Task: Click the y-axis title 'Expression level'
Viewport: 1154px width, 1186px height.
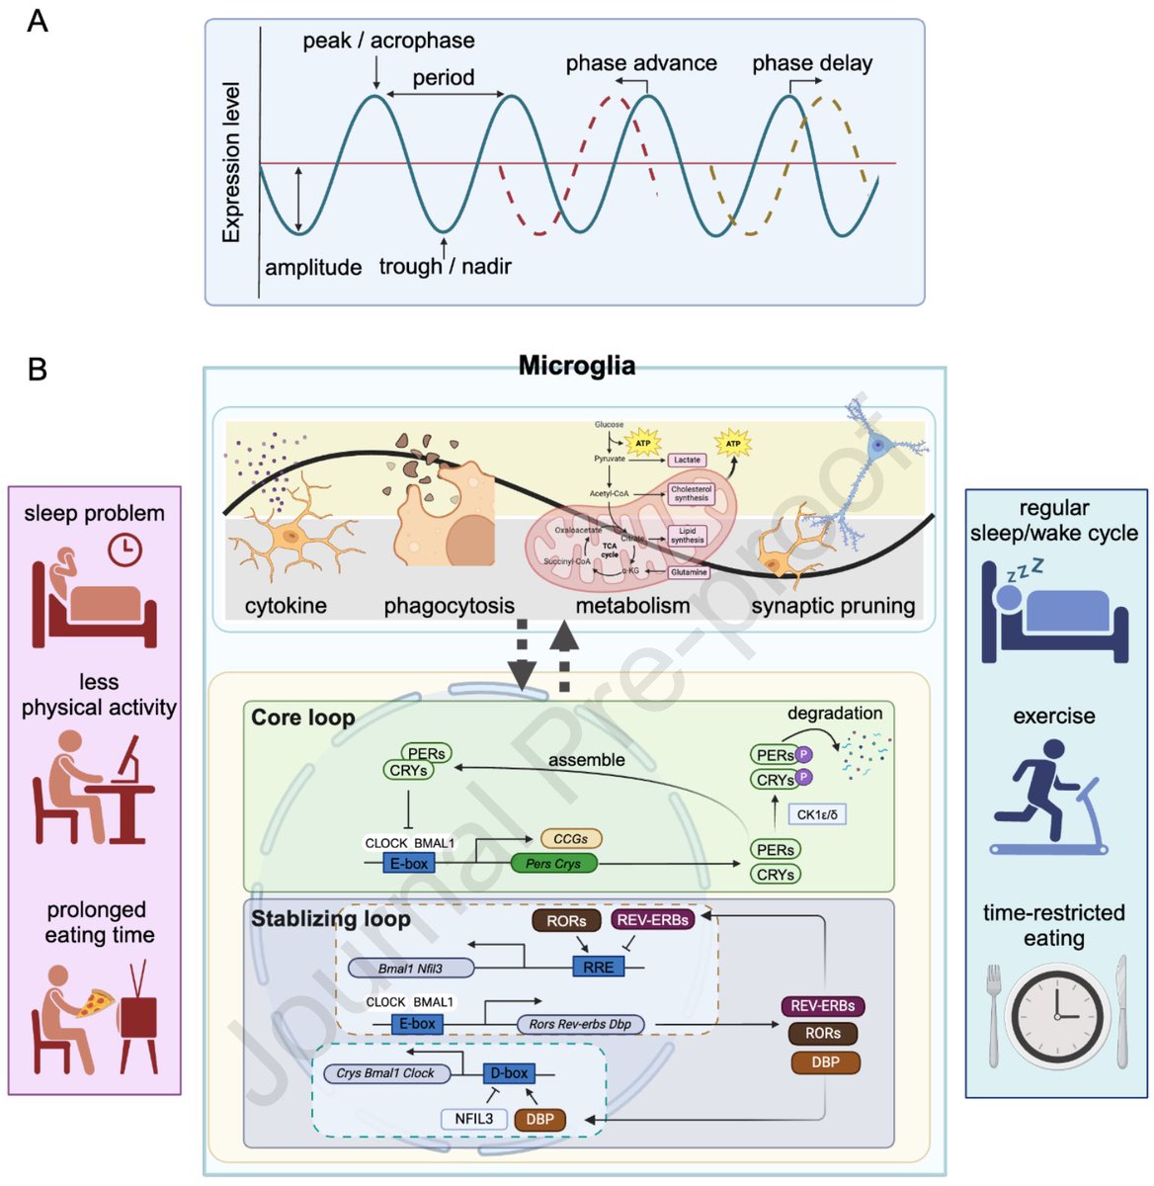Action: pos(231,162)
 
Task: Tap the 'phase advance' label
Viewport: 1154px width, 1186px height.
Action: pos(641,63)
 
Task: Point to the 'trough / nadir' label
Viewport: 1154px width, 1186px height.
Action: pos(445,266)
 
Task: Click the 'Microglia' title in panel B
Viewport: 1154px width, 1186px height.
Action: pos(577,367)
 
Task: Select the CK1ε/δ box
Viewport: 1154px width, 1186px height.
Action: pos(816,814)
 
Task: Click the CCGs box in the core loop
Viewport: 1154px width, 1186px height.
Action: pos(570,838)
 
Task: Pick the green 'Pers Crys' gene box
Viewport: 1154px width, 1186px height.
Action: pos(553,864)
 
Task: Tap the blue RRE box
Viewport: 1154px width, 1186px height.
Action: pos(598,967)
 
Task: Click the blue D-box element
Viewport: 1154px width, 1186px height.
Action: pos(510,1072)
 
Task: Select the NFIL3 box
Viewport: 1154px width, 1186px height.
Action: pos(473,1119)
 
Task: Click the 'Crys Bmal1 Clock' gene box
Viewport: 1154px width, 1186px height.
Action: pos(385,1072)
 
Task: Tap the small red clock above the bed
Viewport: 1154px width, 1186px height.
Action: pos(124,550)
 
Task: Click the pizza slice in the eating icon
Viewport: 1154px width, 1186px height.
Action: pos(96,1004)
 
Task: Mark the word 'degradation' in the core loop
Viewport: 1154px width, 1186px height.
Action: pos(835,713)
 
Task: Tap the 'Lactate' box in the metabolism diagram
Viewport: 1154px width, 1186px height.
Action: pos(687,460)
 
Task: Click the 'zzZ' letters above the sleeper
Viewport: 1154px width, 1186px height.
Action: pos(1025,571)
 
